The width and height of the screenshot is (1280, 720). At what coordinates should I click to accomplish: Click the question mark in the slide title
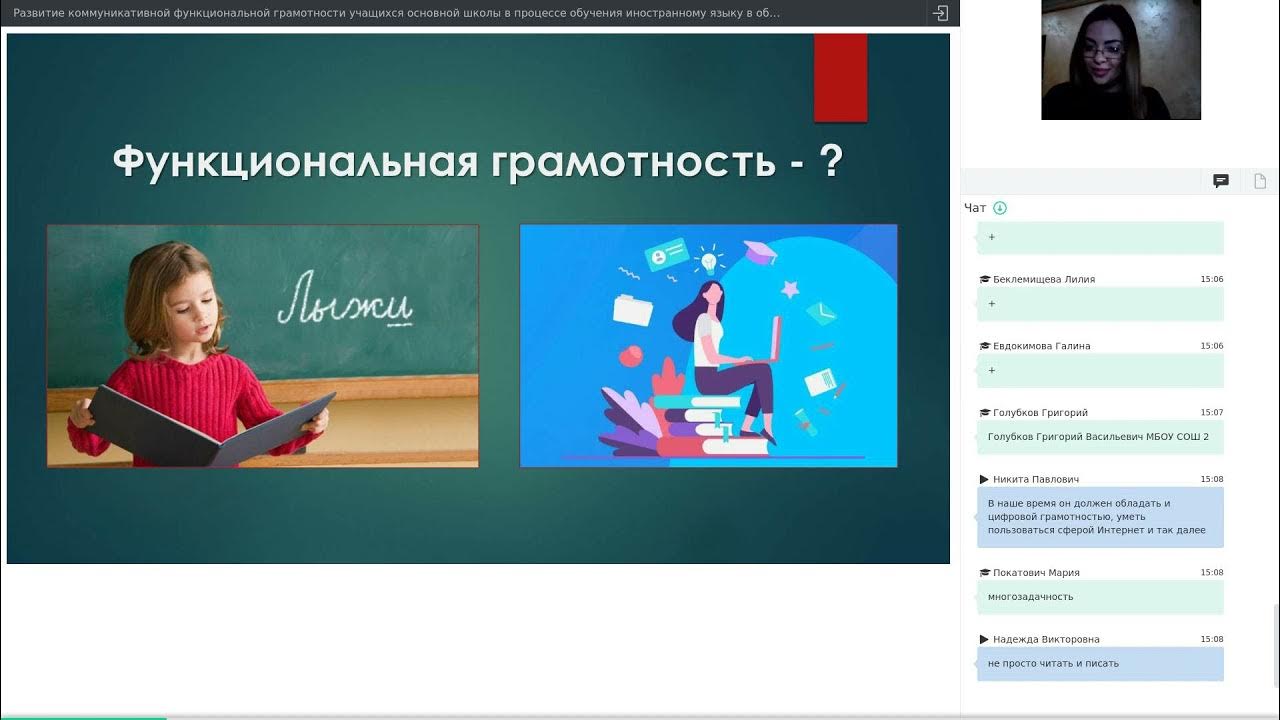click(x=829, y=160)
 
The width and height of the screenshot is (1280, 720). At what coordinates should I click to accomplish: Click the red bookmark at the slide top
click(x=840, y=77)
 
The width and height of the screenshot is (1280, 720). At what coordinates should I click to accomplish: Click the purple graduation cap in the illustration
click(x=760, y=252)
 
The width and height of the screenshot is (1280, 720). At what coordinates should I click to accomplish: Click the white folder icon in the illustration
click(x=632, y=309)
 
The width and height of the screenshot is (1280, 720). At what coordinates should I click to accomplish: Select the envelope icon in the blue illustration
click(x=821, y=314)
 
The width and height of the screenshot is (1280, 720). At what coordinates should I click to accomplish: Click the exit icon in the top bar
click(x=940, y=13)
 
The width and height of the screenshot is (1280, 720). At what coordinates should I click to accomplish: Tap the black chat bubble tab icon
click(x=1221, y=181)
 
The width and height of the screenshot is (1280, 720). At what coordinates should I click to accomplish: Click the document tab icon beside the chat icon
click(x=1260, y=181)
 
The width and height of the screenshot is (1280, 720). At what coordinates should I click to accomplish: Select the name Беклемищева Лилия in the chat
click(x=1043, y=280)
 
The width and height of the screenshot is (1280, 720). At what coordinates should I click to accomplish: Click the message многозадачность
click(x=1030, y=597)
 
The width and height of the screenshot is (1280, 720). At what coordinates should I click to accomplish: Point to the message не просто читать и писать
click(x=1053, y=663)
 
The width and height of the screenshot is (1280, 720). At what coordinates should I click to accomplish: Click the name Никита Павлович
click(x=1035, y=480)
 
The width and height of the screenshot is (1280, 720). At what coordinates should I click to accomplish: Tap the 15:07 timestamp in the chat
click(x=1211, y=413)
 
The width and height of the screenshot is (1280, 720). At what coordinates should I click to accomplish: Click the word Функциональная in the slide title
click(x=295, y=161)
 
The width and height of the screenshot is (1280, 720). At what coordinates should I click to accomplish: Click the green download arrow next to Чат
click(x=1000, y=208)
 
